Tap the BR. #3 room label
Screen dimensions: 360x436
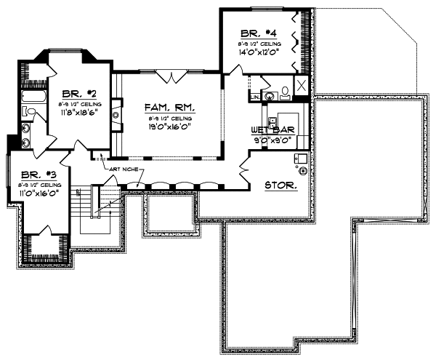(x=36, y=175)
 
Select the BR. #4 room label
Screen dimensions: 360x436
(x=259, y=33)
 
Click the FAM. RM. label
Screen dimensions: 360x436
(x=169, y=107)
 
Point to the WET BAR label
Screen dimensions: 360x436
(x=272, y=129)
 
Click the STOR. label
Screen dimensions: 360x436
(x=280, y=185)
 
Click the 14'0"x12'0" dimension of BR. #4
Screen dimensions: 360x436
(x=259, y=51)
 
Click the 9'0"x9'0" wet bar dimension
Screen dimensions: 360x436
(x=272, y=138)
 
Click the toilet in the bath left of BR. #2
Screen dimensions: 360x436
(x=28, y=111)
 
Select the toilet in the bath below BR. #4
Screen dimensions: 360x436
(x=284, y=92)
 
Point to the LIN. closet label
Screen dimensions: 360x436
(x=254, y=96)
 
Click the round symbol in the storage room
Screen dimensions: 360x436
(x=302, y=172)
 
